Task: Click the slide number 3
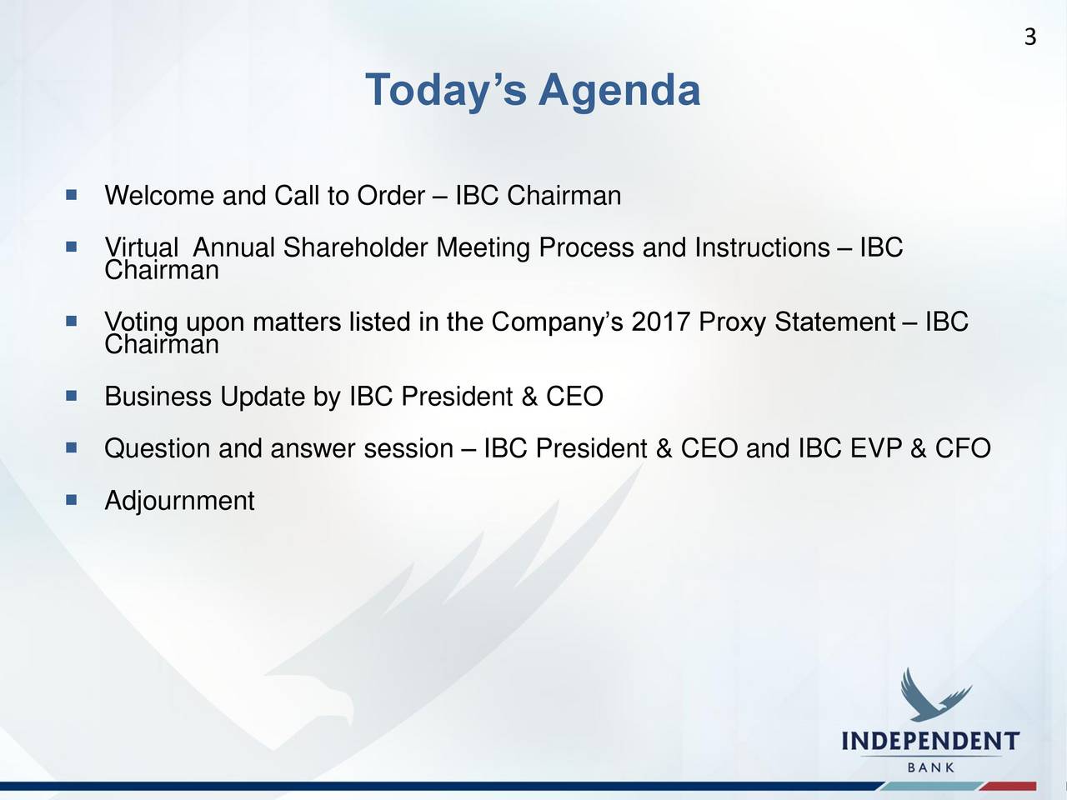tap(1030, 37)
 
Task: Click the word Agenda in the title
tap(619, 91)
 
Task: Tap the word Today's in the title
tap(446, 91)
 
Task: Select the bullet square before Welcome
tap(72, 195)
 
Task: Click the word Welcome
tap(159, 195)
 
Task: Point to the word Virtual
tap(142, 247)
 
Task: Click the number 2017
tap(660, 322)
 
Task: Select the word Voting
tap(141, 322)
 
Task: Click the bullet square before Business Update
tap(72, 395)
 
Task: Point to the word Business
tap(158, 396)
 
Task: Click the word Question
tap(157, 447)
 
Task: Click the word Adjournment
tap(179, 500)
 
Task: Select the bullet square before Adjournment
tap(72, 499)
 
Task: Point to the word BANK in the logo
tap(930, 767)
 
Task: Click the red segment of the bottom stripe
tap(1008, 787)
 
